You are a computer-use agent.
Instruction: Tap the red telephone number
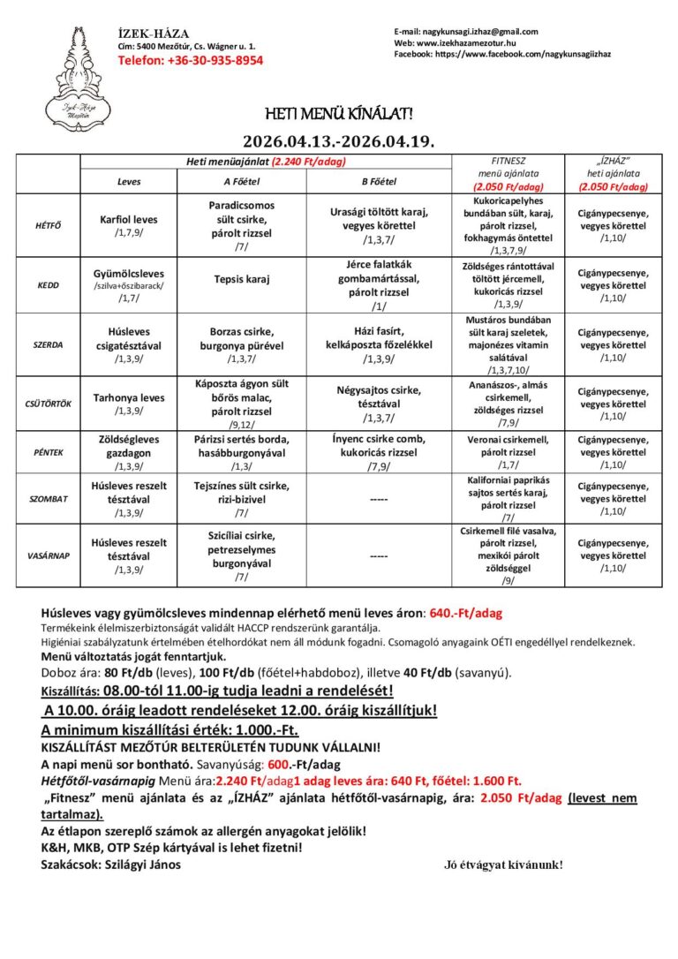191,61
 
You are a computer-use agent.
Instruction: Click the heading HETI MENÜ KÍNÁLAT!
339,115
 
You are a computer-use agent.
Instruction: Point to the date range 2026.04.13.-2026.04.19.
339,141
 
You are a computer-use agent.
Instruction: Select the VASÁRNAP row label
49,556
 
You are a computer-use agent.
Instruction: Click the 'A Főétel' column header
242,181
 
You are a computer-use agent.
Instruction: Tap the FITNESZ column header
507,162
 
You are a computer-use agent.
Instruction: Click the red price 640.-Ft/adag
464,612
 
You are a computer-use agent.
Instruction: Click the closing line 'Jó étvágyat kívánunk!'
503,865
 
